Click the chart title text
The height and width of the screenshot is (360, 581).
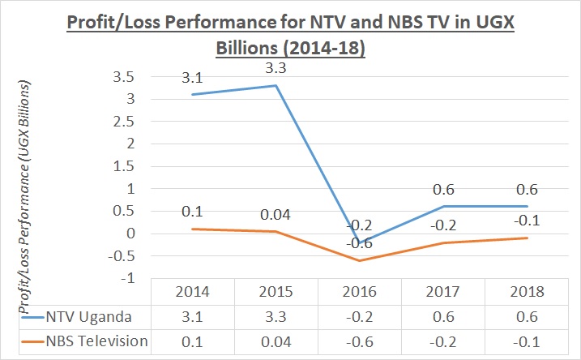click(291, 33)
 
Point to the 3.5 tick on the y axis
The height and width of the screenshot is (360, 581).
click(123, 77)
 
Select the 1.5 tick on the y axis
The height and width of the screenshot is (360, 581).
click(123, 166)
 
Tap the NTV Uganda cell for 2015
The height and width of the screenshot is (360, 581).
click(273, 315)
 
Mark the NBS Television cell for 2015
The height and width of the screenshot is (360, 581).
click(273, 341)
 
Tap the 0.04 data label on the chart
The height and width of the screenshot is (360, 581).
click(273, 214)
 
